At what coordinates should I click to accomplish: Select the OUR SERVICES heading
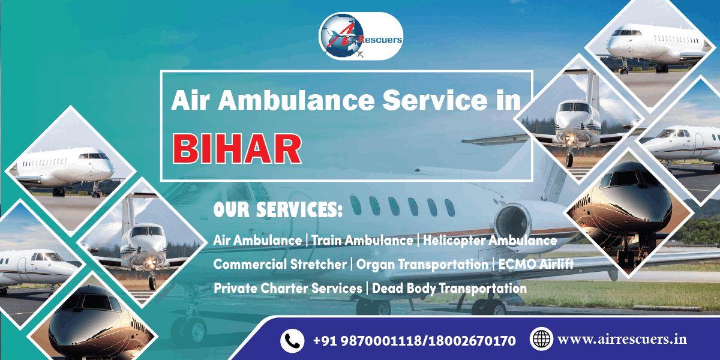(x=278, y=211)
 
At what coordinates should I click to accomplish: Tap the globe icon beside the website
(x=541, y=339)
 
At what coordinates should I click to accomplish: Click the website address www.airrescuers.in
(x=622, y=340)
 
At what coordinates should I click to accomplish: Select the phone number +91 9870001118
(x=364, y=341)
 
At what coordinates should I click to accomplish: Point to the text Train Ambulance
(x=362, y=241)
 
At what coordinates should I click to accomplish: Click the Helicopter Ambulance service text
(x=490, y=241)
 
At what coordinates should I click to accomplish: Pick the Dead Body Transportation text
(x=449, y=288)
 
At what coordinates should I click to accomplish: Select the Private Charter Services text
(x=287, y=288)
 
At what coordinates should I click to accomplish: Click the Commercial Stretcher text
(x=280, y=264)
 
